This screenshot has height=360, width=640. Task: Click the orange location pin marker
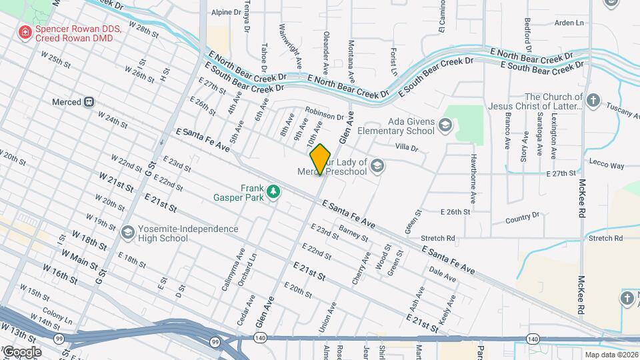pyautogui.click(x=321, y=159)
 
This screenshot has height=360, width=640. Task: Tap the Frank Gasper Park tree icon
pyautogui.click(x=273, y=192)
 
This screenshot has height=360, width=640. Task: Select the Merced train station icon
pyautogui.click(x=88, y=102)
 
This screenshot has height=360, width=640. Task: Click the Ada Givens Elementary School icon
pyautogui.click(x=445, y=125)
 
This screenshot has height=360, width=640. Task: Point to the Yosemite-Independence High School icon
pyautogui.click(x=128, y=233)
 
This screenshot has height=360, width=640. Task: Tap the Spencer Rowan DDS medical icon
pyautogui.click(x=25, y=31)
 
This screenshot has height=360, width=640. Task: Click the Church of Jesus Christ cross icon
pyautogui.click(x=594, y=102)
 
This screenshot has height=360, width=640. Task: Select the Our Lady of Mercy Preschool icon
pyautogui.click(x=377, y=166)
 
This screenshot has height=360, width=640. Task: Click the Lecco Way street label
pyautogui.click(x=607, y=165)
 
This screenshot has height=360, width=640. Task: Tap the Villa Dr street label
pyautogui.click(x=406, y=147)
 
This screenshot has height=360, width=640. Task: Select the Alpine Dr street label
pyautogui.click(x=226, y=12)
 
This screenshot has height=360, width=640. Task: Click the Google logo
pyautogui.click(x=21, y=351)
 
